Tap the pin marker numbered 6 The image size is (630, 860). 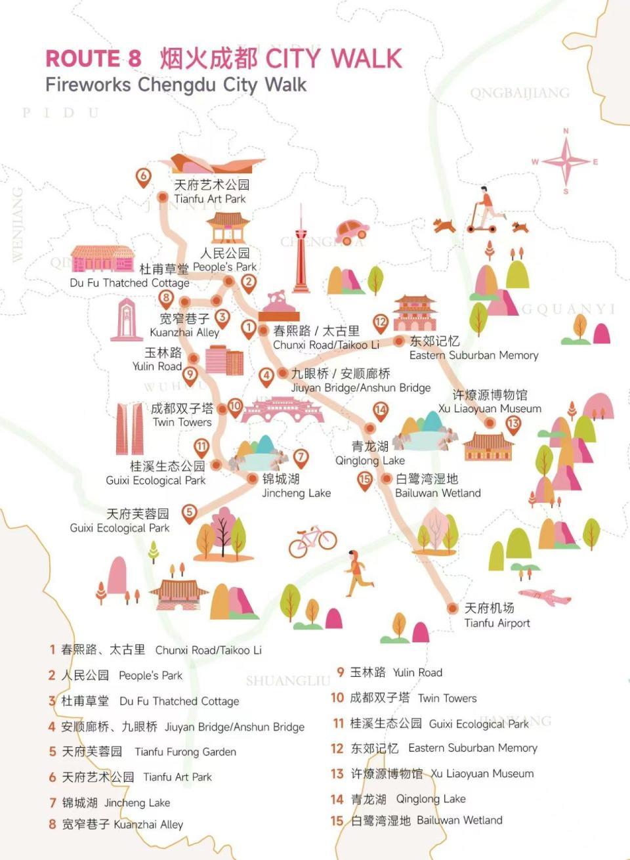tap(143, 177)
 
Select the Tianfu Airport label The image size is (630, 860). tap(497, 615)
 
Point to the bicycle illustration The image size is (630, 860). tap(312, 540)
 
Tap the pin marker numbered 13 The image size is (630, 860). tap(513, 424)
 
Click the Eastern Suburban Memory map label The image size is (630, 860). tap(473, 348)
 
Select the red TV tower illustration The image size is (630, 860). tap(301, 252)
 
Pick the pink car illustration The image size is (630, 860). tap(352, 229)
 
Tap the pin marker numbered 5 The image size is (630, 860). tap(189, 512)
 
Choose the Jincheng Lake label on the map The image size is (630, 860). tap(296, 486)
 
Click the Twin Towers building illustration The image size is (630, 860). tap(130, 429)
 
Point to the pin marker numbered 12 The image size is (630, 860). tap(381, 322)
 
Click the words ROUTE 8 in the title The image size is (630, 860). tap(93, 59)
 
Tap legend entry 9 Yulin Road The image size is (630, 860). tap(390, 672)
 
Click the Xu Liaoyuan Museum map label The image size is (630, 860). tap(490, 401)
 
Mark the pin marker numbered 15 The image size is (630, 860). tap(364, 479)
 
